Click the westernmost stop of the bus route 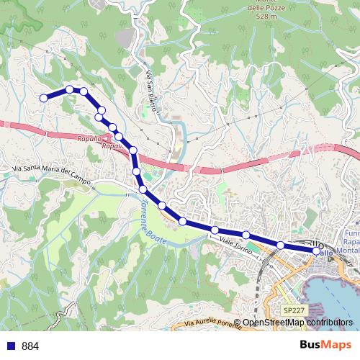coord(43,98)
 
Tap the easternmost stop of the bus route coord(316,251)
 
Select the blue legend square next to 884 coord(10,346)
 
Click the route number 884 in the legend coord(31,346)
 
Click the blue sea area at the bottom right coord(338,295)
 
